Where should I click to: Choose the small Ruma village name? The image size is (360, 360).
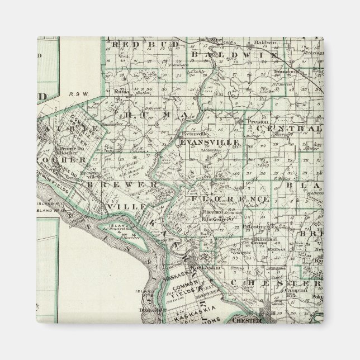(x=119, y=90)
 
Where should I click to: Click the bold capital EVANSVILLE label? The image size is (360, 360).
(x=210, y=143)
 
